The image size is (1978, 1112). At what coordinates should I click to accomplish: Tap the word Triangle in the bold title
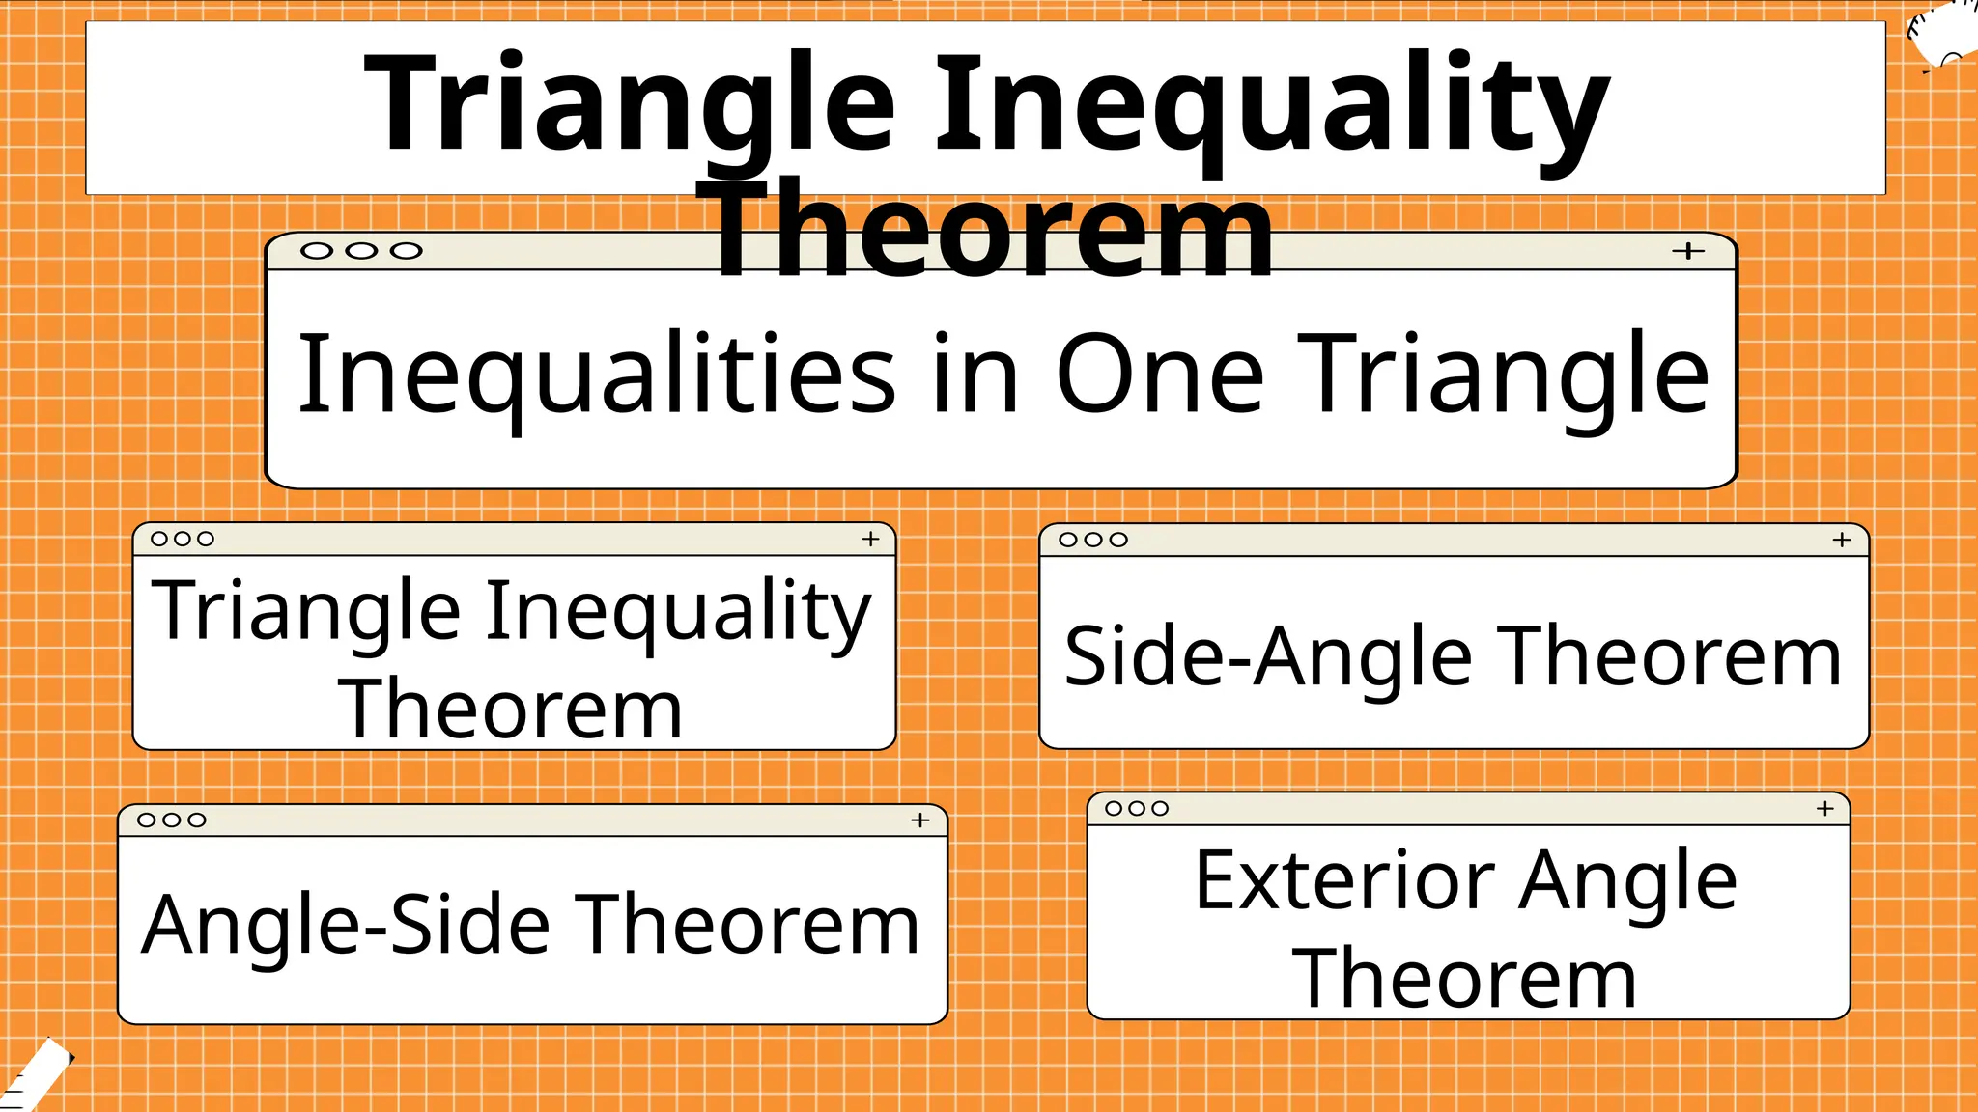click(x=630, y=104)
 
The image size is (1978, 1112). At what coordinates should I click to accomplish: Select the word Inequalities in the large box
click(x=597, y=375)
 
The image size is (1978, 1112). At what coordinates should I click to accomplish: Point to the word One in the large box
click(x=1159, y=375)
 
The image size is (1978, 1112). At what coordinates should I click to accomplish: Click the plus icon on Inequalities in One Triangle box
click(x=1687, y=251)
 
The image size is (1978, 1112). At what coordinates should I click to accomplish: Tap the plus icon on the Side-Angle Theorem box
click(x=1842, y=540)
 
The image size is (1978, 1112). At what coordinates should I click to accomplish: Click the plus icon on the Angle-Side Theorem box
click(x=920, y=820)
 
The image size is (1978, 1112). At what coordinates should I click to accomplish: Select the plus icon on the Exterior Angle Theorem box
click(x=1824, y=808)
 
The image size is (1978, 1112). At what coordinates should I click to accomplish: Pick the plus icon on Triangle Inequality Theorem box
click(x=870, y=539)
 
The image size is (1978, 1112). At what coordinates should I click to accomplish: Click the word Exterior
click(x=1345, y=880)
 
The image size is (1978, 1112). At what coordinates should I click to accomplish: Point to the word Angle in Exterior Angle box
click(x=1627, y=880)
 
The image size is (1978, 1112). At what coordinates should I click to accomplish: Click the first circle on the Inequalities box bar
click(x=317, y=251)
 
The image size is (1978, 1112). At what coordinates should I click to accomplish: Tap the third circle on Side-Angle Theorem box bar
click(x=1118, y=540)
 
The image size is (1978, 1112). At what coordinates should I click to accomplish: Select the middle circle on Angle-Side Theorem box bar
click(x=172, y=820)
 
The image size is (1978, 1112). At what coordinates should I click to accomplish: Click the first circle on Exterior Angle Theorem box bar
click(x=1114, y=808)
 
